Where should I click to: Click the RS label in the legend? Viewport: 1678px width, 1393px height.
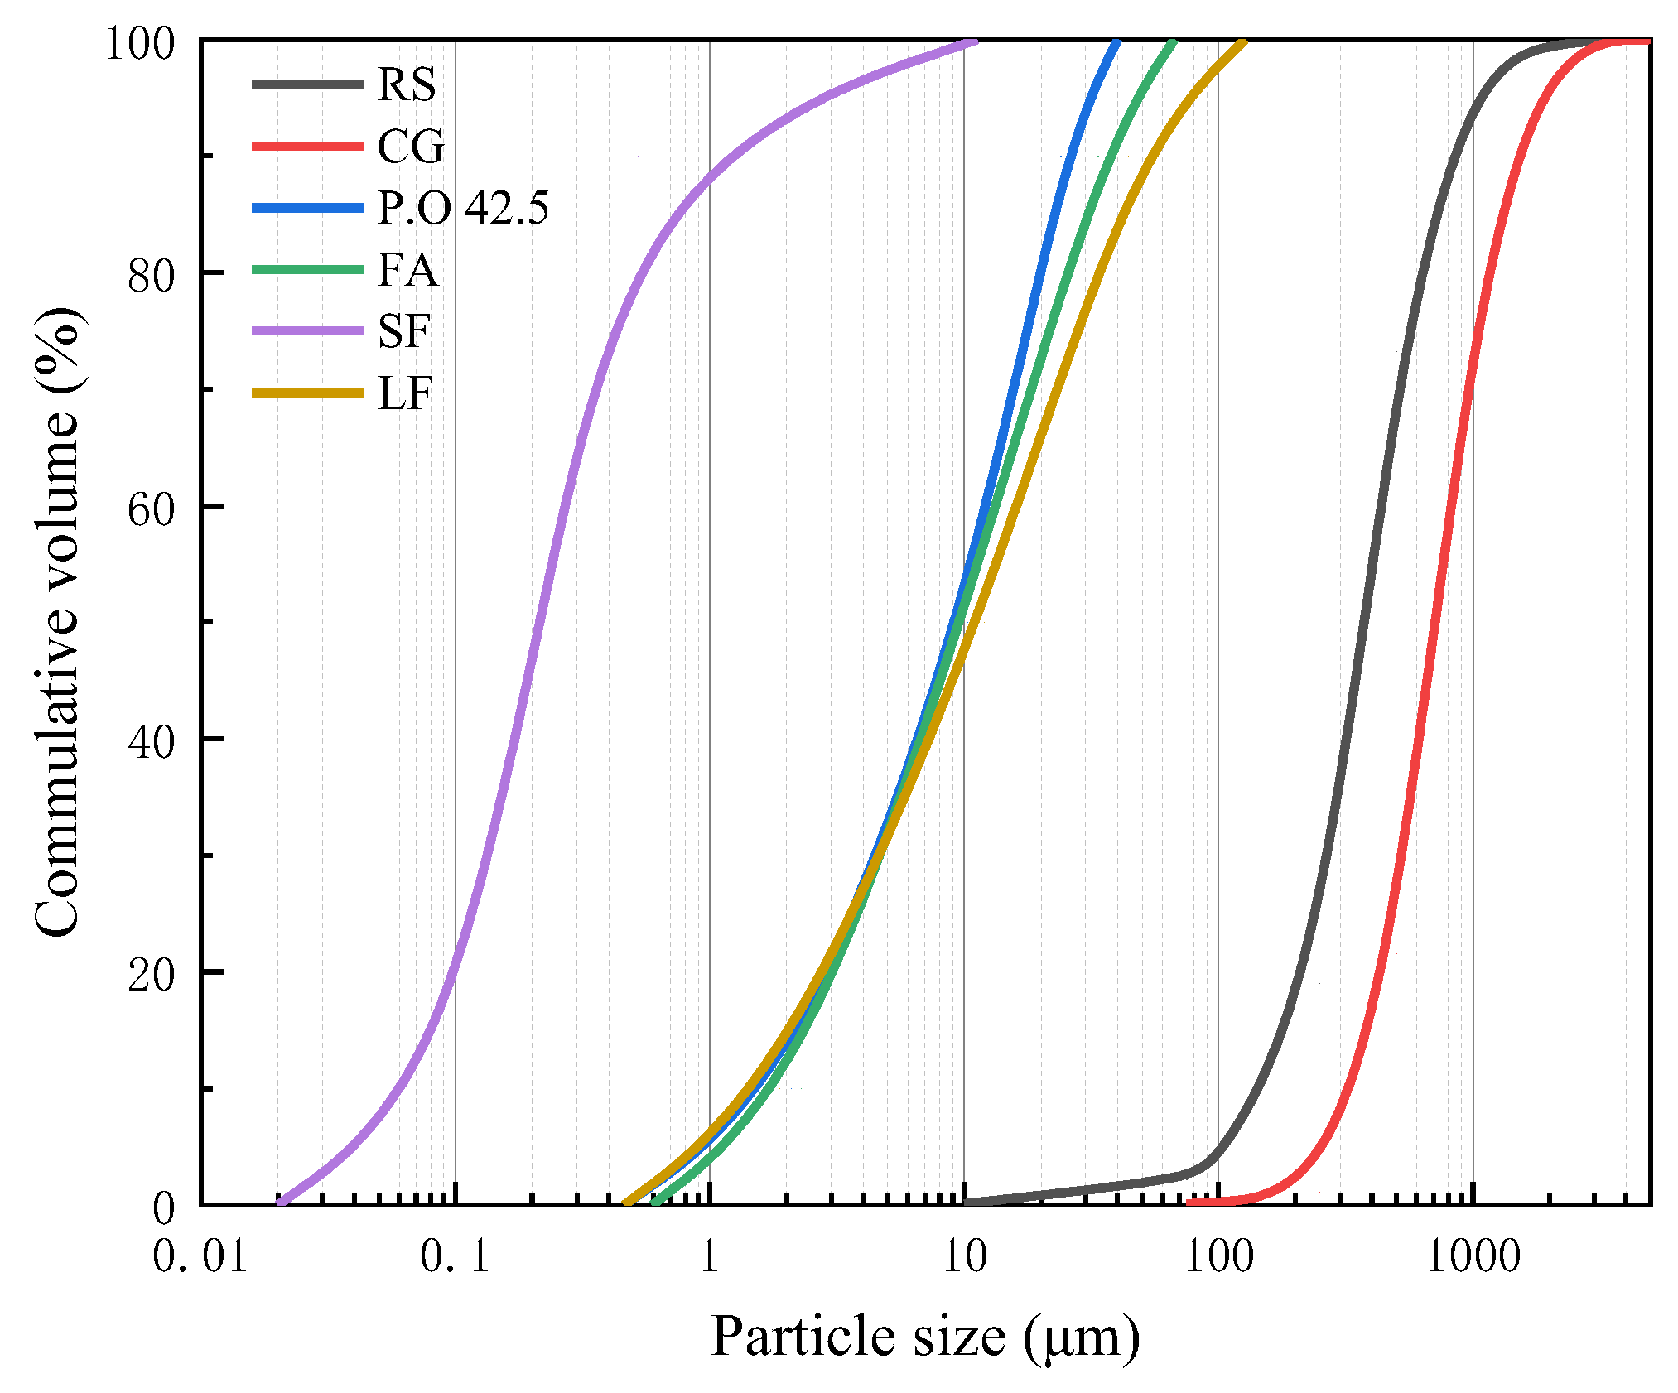pos(406,84)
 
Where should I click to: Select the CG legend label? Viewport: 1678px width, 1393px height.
pos(411,147)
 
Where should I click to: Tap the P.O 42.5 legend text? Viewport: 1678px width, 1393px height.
pos(463,208)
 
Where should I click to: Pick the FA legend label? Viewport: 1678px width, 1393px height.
pos(407,270)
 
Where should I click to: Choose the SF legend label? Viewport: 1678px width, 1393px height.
pos(404,331)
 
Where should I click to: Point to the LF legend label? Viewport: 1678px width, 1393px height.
pos(405,393)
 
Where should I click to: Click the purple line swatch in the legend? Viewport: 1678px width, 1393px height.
pos(308,331)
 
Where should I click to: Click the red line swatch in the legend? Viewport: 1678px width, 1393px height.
pos(308,147)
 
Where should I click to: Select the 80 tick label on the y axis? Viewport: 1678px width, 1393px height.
pos(152,276)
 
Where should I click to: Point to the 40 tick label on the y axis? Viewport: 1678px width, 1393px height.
pos(152,742)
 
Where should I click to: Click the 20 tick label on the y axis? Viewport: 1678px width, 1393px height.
pos(152,975)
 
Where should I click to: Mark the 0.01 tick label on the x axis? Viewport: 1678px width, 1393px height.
pos(200,1257)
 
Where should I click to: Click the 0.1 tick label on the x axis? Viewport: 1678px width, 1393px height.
pos(455,1257)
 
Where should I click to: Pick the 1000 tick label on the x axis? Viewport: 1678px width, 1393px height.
pos(1473,1257)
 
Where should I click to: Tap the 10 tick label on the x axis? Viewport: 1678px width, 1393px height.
pos(965,1257)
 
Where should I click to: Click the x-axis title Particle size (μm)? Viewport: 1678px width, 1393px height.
pos(925,1338)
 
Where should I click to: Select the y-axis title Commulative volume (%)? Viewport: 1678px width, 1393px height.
pos(58,621)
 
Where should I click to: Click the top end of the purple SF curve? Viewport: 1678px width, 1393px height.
pos(974,41)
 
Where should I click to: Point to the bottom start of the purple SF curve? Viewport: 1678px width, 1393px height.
pos(280,1202)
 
